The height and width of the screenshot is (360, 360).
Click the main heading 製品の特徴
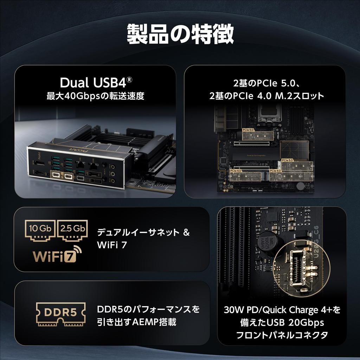tap(180, 34)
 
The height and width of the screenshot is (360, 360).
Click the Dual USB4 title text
tap(96, 83)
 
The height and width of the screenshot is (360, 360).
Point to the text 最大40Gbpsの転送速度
tap(96, 96)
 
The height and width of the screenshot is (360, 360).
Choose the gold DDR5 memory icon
tap(60, 313)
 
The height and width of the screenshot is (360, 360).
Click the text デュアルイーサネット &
tap(143, 232)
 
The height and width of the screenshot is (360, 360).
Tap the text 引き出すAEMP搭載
tap(136, 322)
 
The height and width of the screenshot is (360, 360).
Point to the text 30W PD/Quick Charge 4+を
tap(282, 310)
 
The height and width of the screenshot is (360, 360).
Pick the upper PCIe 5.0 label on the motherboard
tap(248, 130)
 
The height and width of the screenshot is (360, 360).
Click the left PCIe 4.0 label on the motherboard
tap(236, 171)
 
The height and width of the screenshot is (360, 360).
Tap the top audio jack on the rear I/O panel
tap(104, 164)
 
